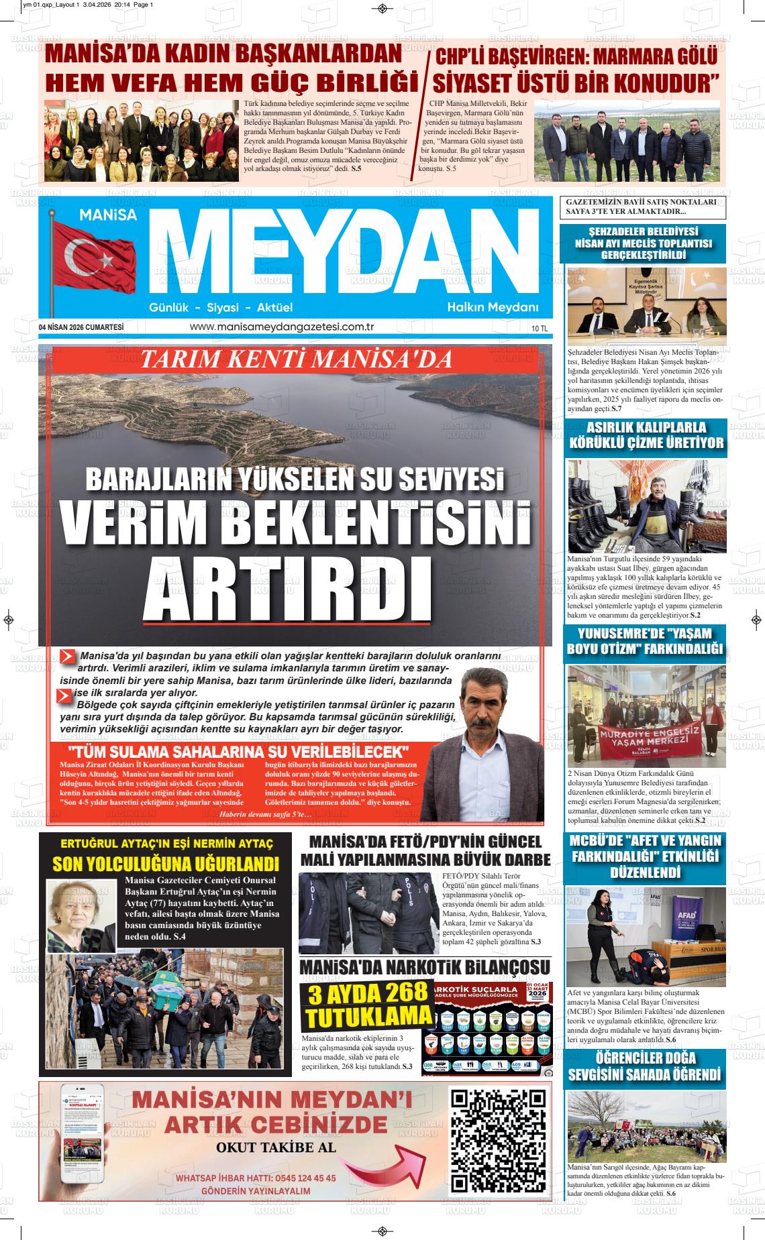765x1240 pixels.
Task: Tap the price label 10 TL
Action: tap(539, 329)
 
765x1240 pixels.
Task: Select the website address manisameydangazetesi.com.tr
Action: tap(282, 327)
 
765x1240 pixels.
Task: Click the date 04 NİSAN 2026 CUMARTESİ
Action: tap(81, 327)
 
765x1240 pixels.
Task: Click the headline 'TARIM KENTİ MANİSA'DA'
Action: tap(295, 360)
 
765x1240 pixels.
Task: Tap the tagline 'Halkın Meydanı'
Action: tap(493, 308)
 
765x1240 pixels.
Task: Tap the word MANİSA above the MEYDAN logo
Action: tap(107, 215)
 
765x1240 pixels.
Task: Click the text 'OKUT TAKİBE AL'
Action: tap(276, 1147)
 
